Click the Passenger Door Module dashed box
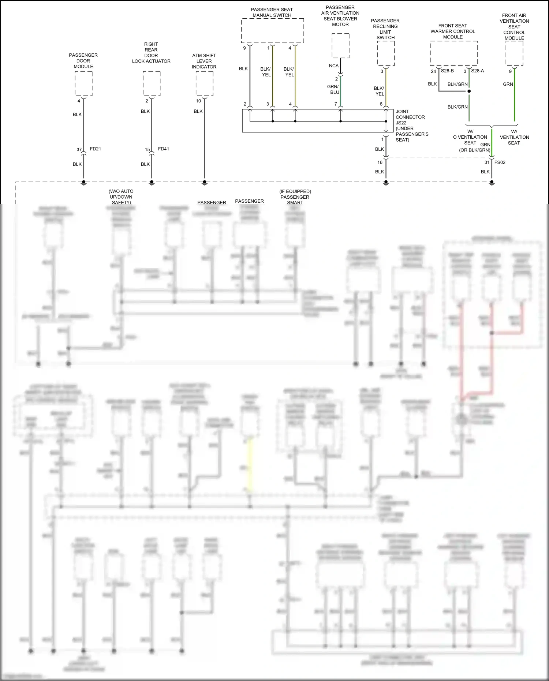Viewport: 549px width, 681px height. [x=83, y=84]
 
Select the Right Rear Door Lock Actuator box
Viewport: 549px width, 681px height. [x=152, y=84]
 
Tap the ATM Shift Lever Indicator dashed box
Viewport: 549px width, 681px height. [x=204, y=84]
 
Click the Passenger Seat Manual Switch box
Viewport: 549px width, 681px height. [x=272, y=31]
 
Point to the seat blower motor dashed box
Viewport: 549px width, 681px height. [x=340, y=45]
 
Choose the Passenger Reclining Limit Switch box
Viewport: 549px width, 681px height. [x=386, y=53]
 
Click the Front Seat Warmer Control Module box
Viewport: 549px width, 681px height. [x=454, y=53]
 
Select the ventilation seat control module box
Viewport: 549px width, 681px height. [x=514, y=53]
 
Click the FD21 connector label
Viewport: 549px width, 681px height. [x=96, y=149]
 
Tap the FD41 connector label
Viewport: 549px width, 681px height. [x=164, y=149]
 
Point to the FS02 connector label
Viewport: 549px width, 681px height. [x=500, y=162]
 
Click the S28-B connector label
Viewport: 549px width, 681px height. [x=447, y=71]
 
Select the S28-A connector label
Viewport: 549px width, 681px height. [x=477, y=71]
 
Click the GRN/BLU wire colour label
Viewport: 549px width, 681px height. [x=333, y=90]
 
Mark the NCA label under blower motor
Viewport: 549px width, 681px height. [x=334, y=66]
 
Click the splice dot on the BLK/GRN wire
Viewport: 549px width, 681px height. [x=469, y=91]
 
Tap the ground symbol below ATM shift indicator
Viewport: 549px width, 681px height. [x=205, y=183]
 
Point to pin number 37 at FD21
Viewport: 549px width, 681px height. [x=79, y=149]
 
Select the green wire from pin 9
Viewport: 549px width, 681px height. [x=514, y=95]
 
